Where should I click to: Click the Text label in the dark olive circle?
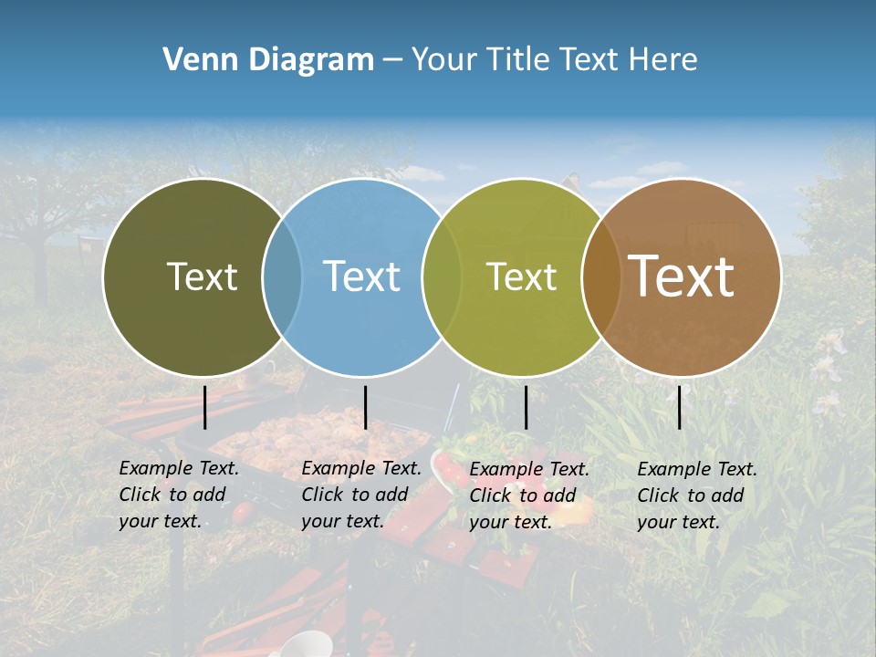pyautogui.click(x=202, y=276)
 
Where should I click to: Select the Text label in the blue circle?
pyautogui.click(x=362, y=276)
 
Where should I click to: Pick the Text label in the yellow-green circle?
pyautogui.click(x=522, y=276)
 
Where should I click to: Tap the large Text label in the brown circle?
pyautogui.click(x=682, y=276)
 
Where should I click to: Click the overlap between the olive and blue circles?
pyautogui.click(x=282, y=276)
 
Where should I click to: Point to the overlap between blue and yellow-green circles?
pyautogui.click(x=442, y=276)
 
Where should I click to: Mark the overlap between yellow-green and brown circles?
pyautogui.click(x=600, y=276)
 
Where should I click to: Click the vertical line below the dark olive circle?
pyautogui.click(x=205, y=407)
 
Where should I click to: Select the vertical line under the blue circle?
pyautogui.click(x=365, y=407)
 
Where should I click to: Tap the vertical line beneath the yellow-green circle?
pyautogui.click(x=527, y=407)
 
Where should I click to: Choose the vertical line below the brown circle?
pyautogui.click(x=680, y=407)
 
